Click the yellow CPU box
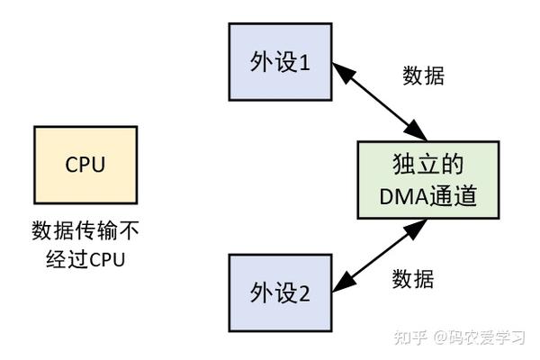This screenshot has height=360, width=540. (85, 165)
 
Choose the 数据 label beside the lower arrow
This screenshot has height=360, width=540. (413, 279)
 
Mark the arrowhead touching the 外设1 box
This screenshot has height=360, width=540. (340, 67)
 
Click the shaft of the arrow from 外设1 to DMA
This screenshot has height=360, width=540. (378, 100)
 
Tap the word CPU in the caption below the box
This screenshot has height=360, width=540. (104, 260)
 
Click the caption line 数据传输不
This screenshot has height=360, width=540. (85, 230)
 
